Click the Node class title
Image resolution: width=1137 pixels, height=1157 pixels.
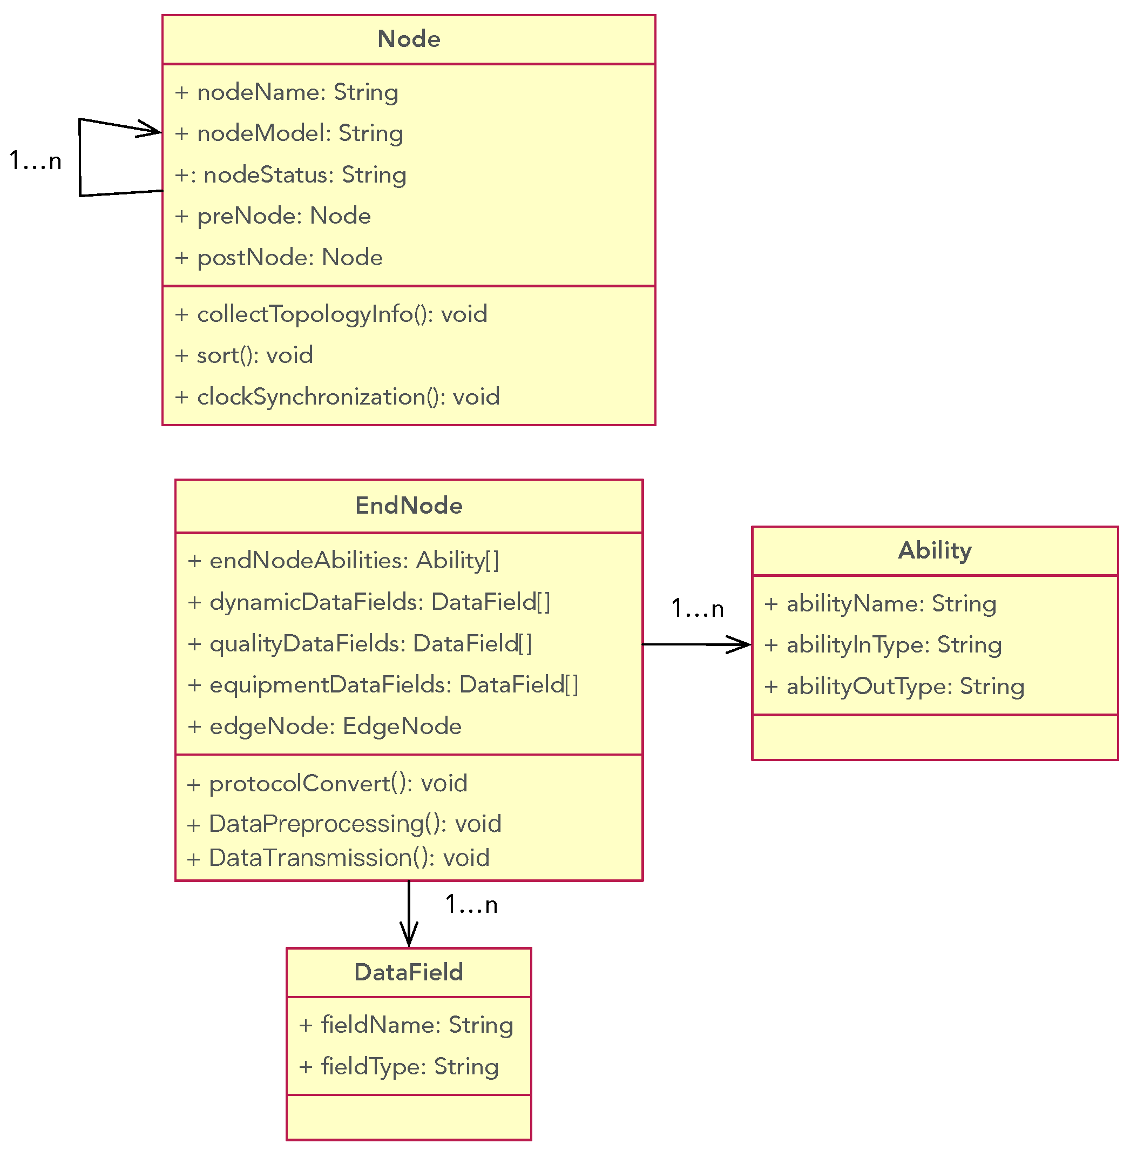(x=409, y=39)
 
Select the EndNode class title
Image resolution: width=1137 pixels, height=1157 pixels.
(x=409, y=506)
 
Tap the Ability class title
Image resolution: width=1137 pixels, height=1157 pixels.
(x=935, y=550)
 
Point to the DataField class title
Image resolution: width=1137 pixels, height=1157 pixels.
(x=409, y=972)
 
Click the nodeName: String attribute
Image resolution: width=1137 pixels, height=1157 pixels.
(x=287, y=92)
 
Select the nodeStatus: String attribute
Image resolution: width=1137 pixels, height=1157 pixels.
(x=291, y=175)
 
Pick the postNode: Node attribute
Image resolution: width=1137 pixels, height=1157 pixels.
(x=279, y=258)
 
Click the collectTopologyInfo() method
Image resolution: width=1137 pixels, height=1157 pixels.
(x=331, y=314)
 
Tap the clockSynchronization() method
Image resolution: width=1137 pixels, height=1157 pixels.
(x=337, y=397)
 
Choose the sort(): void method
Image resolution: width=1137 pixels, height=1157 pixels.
(x=244, y=355)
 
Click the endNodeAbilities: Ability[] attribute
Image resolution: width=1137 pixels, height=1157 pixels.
(x=343, y=561)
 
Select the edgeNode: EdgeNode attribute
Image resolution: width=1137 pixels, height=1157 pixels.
(x=325, y=727)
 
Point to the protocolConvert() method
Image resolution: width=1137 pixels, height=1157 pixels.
(x=327, y=784)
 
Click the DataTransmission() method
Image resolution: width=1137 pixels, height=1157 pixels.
(x=339, y=858)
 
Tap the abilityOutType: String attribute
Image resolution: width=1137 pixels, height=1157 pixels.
(x=895, y=687)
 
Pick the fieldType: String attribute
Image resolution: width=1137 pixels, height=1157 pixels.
(x=399, y=1067)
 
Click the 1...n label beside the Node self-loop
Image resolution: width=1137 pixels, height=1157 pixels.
(x=35, y=162)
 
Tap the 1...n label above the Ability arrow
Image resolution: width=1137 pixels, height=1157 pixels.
(x=698, y=609)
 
